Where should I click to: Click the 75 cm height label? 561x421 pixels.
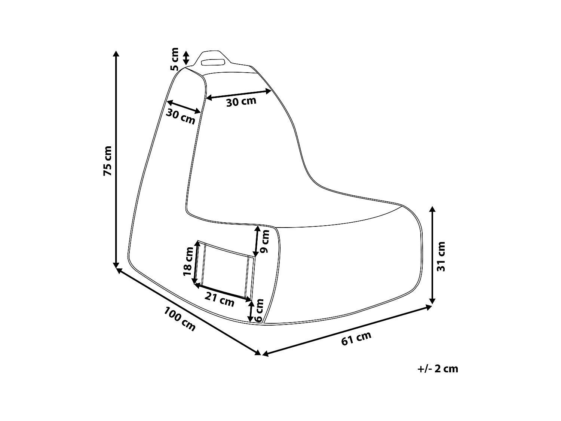(107, 161)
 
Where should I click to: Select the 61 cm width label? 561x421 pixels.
(356, 339)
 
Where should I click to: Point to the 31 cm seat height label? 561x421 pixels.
(442, 256)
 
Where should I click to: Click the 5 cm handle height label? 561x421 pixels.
(175, 59)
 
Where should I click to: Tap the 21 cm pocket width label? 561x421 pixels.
(220, 300)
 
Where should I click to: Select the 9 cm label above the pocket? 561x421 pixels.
(265, 241)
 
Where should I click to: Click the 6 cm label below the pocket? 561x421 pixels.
(259, 310)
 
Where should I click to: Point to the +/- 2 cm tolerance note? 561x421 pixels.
(438, 369)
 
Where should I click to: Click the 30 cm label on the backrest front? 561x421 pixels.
(241, 101)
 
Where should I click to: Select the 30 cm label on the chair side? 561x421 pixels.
(181, 117)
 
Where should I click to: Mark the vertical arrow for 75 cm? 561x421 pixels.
(116, 159)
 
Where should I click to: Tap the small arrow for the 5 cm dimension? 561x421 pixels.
(186, 58)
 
